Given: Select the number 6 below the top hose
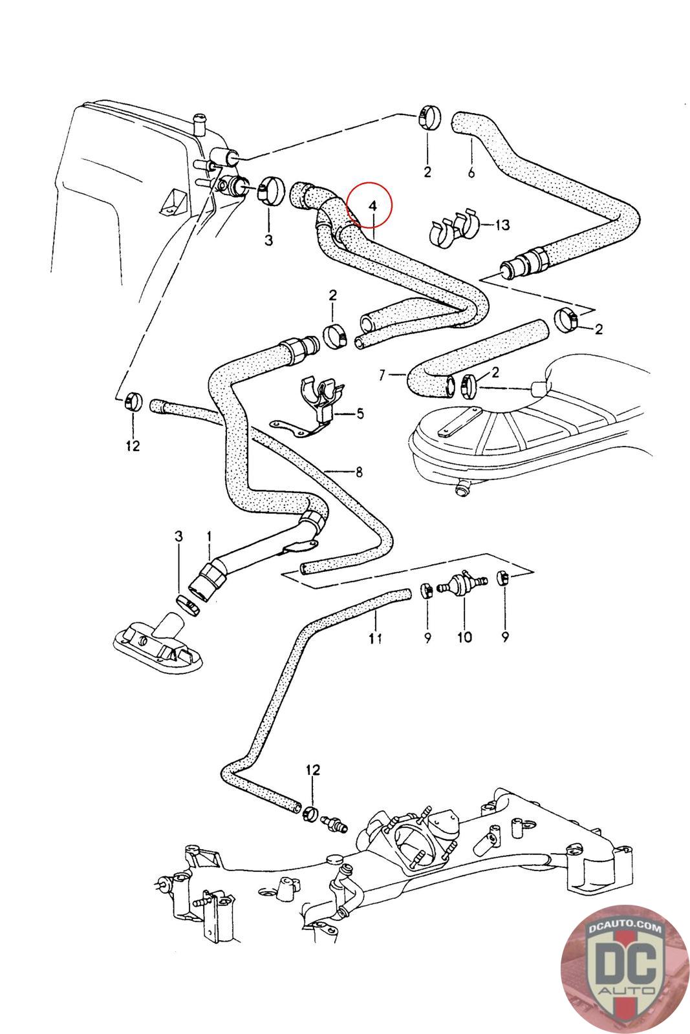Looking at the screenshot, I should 471,172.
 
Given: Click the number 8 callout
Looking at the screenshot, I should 358,471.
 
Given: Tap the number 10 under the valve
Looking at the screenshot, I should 464,637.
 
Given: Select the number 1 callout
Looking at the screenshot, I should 209,536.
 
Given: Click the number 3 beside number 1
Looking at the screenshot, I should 179,536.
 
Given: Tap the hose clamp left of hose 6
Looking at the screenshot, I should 428,118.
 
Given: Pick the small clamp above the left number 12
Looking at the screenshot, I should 132,401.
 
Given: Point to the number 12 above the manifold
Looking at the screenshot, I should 313,770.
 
